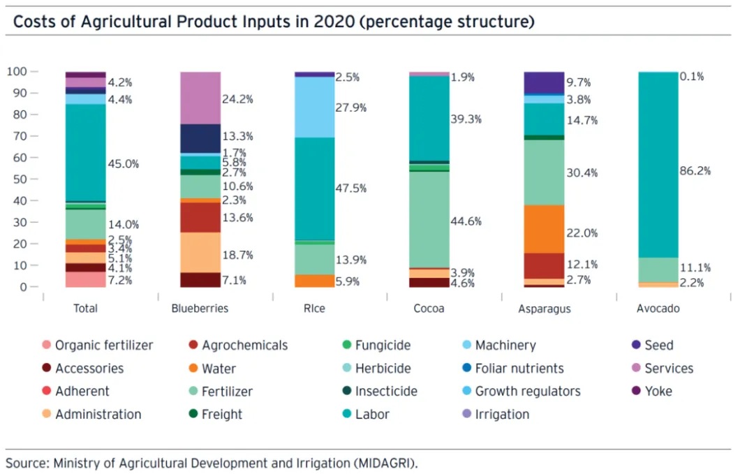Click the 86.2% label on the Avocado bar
point(696,170)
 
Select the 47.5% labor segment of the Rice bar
point(315,188)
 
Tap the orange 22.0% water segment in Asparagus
point(544,229)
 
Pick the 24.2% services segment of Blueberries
point(200,98)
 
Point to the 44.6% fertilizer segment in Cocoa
point(429,219)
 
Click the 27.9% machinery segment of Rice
point(315,107)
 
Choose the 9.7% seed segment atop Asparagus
point(544,82)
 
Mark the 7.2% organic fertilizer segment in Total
point(86,279)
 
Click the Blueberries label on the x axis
point(200,308)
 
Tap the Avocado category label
point(658,308)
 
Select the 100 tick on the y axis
point(17,71)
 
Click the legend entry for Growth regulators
point(528,391)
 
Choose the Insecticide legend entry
point(386,391)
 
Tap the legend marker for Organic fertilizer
point(47,345)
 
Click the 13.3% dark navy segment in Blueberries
point(200,138)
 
